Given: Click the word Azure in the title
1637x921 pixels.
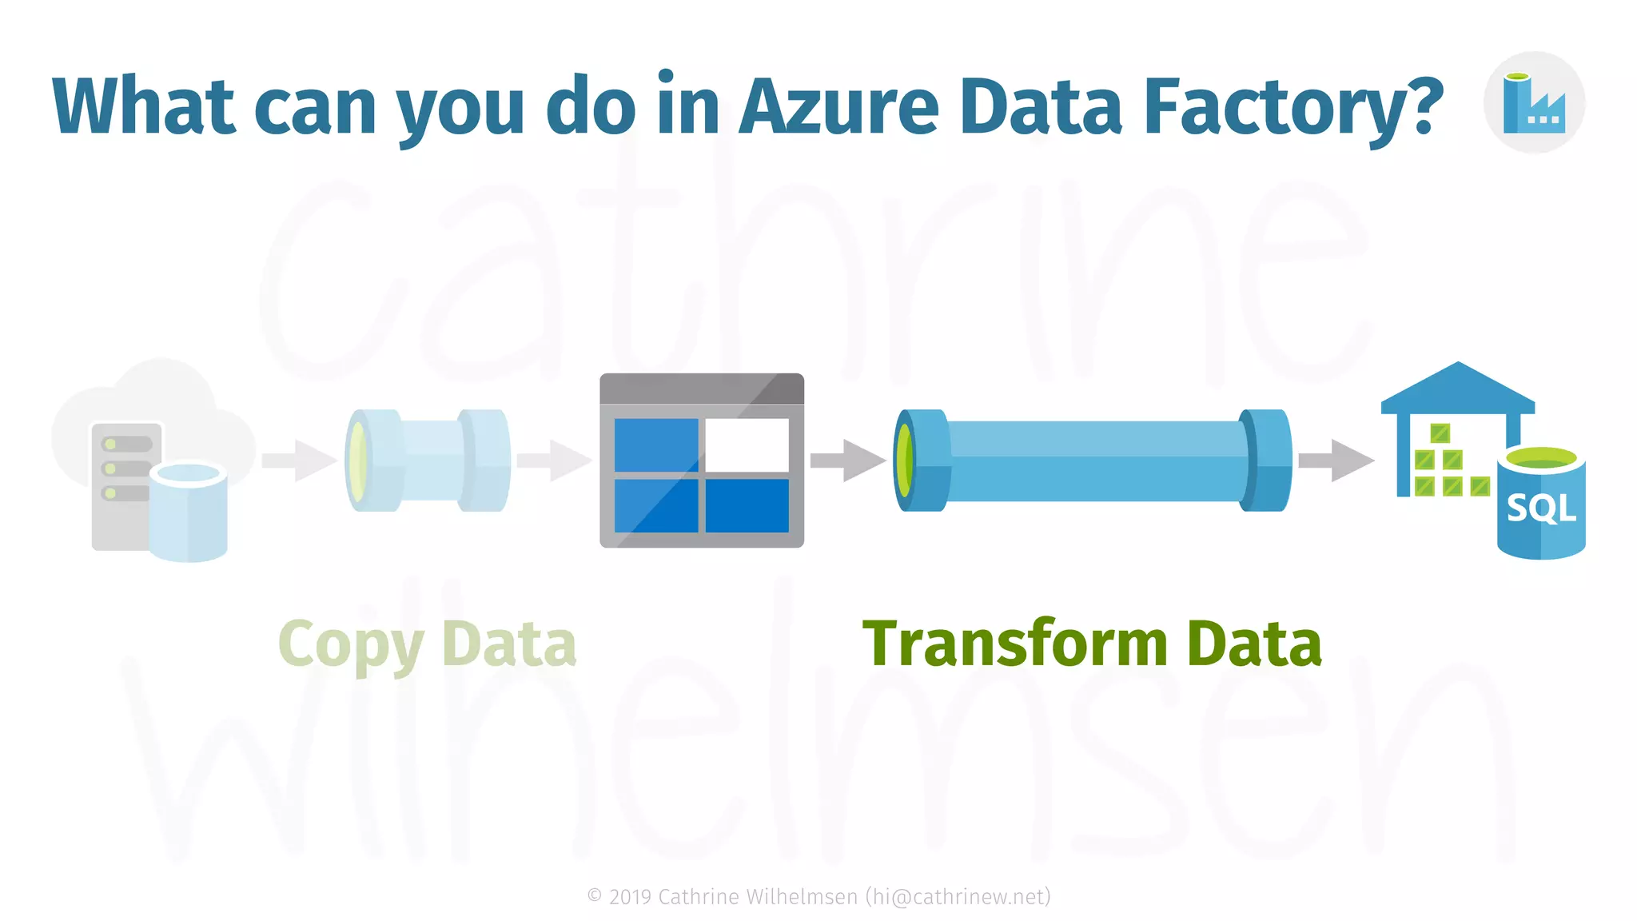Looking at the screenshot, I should [838, 106].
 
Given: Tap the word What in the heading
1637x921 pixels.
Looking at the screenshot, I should [144, 106].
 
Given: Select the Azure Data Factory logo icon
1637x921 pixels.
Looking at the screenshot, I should [1533, 103].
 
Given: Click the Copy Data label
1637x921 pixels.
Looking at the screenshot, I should [427, 644].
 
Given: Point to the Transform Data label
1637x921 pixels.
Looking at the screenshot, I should [1092, 644].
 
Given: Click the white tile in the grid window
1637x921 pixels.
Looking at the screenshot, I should [747, 445].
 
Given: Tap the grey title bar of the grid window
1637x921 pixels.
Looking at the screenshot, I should [701, 389].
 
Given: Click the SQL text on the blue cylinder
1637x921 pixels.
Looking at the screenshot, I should [1541, 508].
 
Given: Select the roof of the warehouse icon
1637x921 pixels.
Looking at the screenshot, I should [1458, 388].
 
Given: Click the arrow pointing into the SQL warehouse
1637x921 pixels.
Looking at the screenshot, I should [1335, 460].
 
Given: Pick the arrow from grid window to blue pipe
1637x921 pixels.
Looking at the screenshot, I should [847, 460].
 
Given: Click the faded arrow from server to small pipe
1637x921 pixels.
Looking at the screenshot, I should [298, 460].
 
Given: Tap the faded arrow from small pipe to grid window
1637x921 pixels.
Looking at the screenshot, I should [553, 460].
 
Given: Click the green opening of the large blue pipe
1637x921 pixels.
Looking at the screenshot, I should [905, 460].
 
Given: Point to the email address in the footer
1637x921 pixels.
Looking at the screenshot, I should [958, 897].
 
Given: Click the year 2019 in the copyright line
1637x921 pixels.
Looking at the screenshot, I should [630, 897].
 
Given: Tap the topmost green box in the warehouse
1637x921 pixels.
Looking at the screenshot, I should [1440, 433].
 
